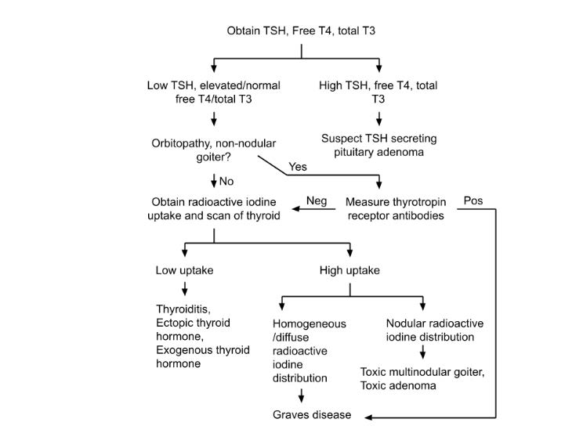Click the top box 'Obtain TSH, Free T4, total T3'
(302, 31)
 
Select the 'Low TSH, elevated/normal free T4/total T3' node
(214, 92)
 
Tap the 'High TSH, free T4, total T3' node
(379, 92)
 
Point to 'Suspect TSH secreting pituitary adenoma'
(379, 145)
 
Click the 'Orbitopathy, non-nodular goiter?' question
(214, 150)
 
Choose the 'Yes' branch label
(299, 167)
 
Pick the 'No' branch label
(226, 182)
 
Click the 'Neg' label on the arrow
(317, 200)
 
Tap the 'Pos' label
(473, 200)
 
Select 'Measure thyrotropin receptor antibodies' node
(395, 208)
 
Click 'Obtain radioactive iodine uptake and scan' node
(214, 208)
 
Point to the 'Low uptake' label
(184, 270)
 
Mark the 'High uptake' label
(349, 270)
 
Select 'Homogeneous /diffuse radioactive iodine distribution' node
(309, 350)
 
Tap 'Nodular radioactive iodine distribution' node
(434, 330)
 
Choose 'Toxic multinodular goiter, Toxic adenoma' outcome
(422, 379)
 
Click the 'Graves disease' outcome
(312, 415)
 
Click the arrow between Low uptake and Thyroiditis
(184, 290)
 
